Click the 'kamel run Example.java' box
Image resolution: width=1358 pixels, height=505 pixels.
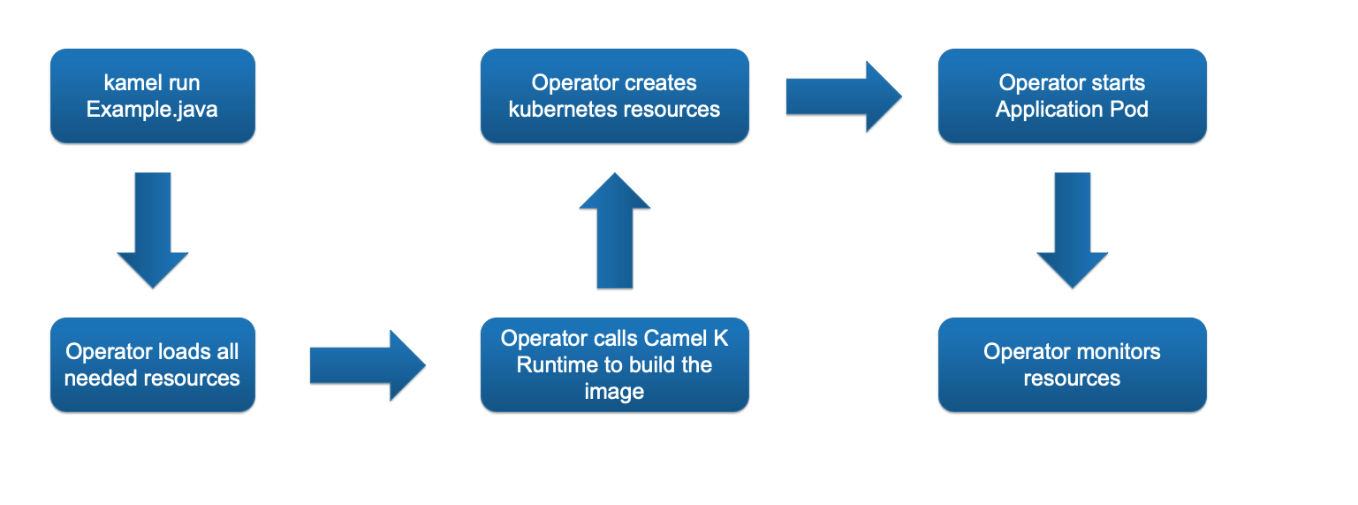[152, 96]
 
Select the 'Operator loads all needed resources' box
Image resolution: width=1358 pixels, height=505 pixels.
[152, 364]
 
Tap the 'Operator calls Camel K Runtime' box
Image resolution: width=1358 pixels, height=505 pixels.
[614, 364]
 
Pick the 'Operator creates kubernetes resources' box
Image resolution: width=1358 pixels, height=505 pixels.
[614, 96]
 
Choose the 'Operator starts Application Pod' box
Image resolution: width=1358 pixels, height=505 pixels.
[1072, 96]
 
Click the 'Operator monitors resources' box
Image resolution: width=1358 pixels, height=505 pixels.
[1072, 364]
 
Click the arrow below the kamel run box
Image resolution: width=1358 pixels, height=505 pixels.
[153, 229]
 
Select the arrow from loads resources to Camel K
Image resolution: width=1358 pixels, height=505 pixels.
[367, 365]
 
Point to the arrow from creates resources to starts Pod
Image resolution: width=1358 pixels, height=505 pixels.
[843, 96]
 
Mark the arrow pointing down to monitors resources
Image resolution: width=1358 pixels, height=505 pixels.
[1072, 229]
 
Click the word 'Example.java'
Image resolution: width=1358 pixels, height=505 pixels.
[152, 110]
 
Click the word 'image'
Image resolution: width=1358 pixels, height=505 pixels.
[614, 391]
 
